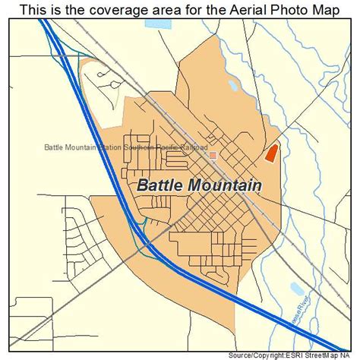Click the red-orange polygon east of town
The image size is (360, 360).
click(271, 153)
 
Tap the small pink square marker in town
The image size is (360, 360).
click(213, 155)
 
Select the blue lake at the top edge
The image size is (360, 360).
click(159, 24)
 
